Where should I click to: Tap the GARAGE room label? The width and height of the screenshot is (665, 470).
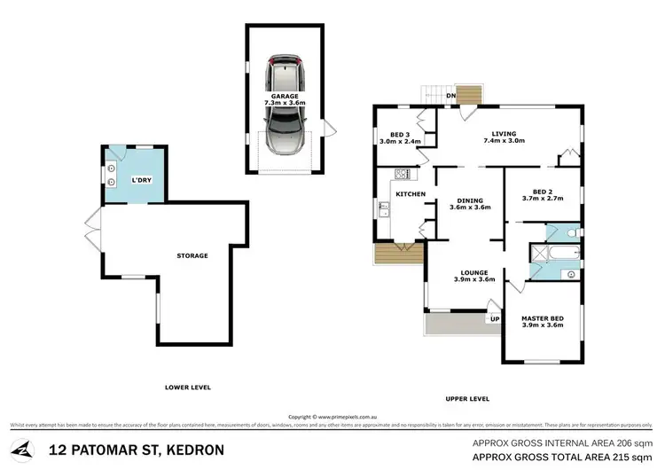pos(284,98)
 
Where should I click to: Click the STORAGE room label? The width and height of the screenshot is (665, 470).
pos(192,255)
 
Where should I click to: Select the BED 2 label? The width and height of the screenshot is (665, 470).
pos(543,194)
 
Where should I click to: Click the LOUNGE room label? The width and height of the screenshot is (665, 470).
pos(469,275)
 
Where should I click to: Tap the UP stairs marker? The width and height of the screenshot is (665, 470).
pos(495,318)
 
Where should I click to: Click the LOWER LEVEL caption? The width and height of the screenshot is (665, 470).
pos(187,388)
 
